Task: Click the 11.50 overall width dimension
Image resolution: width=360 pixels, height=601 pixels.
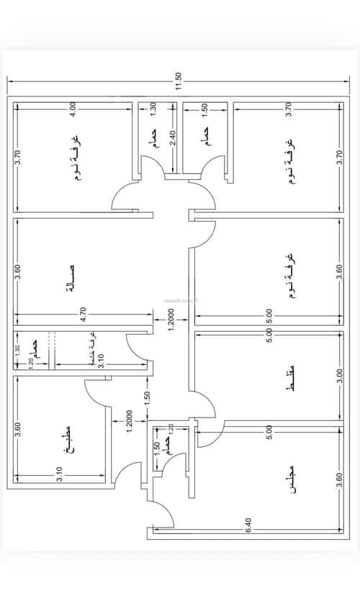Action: click(179, 76)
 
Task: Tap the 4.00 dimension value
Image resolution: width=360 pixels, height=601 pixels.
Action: click(73, 109)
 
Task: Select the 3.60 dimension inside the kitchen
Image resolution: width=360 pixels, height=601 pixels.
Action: click(18, 433)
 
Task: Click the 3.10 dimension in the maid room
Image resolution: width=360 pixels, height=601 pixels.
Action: click(101, 361)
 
